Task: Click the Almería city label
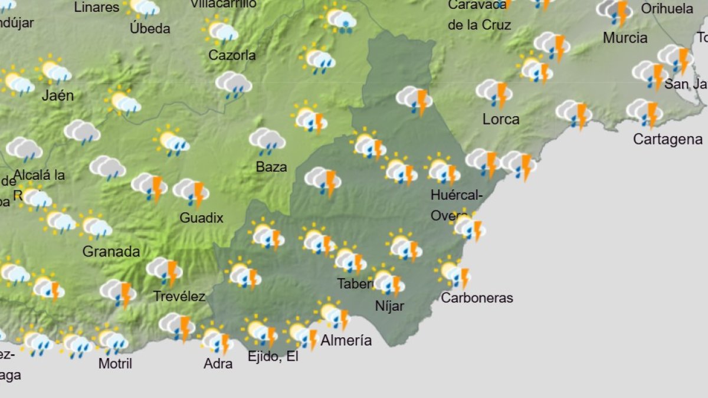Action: coord(346,340)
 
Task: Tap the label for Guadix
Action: coord(201,218)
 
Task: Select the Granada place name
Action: coord(111,252)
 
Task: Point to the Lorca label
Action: coord(501,119)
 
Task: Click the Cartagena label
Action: coord(667,139)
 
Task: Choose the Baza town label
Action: coord(271,167)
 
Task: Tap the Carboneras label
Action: coord(477,298)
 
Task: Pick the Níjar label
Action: coord(389,306)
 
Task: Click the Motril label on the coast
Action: coord(115,364)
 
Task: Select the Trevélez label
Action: coord(179,296)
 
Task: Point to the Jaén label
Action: coord(58,96)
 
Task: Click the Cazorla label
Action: coord(232,55)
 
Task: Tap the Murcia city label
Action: coord(625,38)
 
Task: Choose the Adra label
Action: coord(218,364)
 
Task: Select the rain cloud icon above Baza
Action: coord(267,141)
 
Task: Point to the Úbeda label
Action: coord(150,28)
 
